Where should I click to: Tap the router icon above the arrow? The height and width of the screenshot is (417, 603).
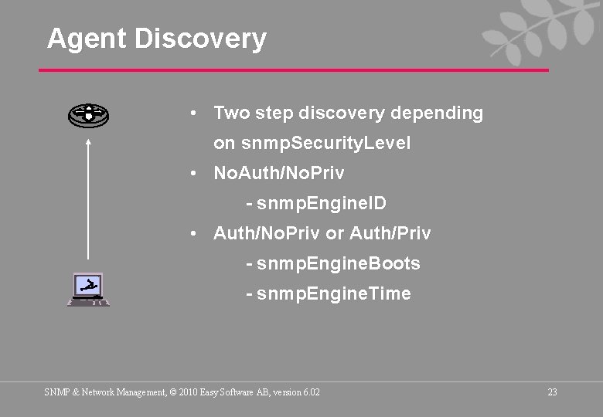point(88,115)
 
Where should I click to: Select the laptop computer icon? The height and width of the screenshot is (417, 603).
point(88,290)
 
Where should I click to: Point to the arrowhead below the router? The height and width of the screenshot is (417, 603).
point(88,141)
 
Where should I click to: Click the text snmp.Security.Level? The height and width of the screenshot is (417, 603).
point(325,144)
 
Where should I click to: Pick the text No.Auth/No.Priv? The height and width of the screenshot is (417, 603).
point(279,173)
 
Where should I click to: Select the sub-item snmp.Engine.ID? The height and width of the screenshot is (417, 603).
point(322,204)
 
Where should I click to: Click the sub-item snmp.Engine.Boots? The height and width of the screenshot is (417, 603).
point(339,263)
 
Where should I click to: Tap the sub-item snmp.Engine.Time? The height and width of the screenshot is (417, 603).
point(334,293)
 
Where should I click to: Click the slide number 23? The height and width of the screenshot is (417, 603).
point(552,392)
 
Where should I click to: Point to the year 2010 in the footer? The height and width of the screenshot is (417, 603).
point(187,392)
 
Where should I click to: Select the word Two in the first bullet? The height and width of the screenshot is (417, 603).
point(229,114)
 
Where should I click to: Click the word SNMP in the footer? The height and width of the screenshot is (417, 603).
point(56,392)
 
